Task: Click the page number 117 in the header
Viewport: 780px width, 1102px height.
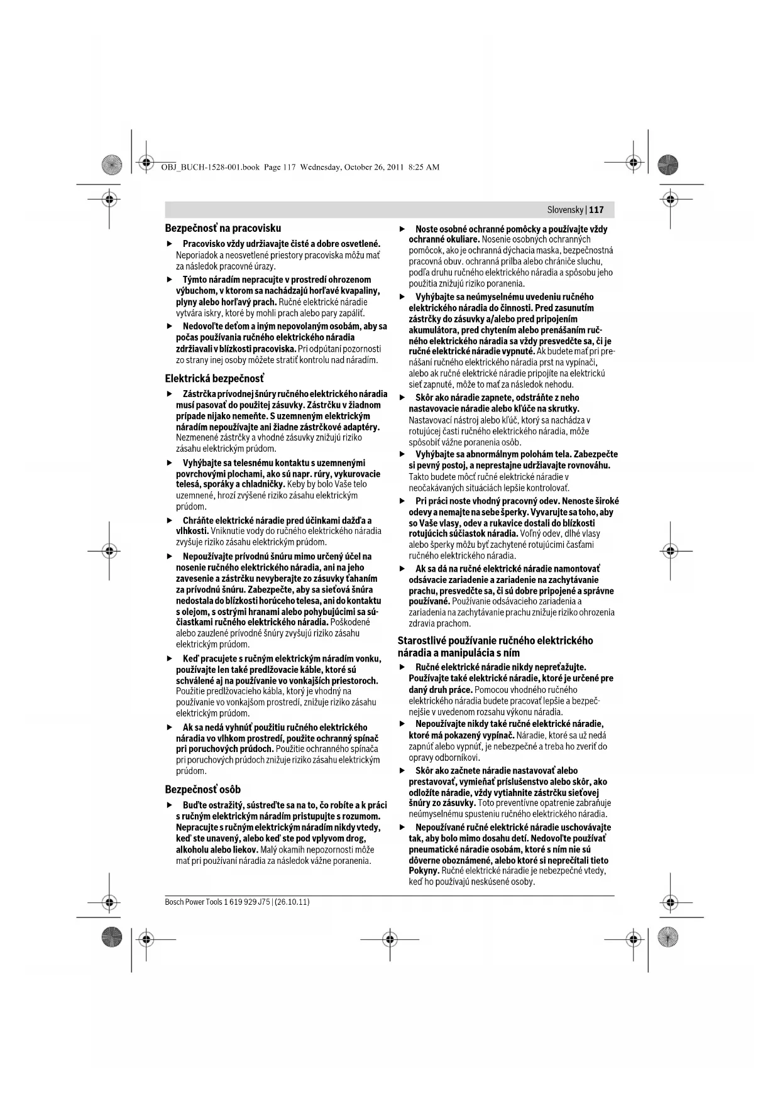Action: [596, 210]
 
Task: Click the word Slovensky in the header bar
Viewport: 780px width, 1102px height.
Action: [566, 210]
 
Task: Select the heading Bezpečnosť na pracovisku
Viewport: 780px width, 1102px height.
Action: [222, 228]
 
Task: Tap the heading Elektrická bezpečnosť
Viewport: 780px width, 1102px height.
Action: [214, 378]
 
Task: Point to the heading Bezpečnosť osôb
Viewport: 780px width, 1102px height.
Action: [202, 789]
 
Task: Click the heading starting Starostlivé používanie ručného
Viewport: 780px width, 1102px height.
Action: [495, 646]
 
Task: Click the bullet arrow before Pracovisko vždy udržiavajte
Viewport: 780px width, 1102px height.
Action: [169, 244]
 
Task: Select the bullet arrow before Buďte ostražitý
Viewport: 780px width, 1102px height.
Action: [169, 805]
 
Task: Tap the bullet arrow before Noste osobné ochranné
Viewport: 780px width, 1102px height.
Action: [402, 229]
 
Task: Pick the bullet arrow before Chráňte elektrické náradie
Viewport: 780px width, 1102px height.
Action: [169, 521]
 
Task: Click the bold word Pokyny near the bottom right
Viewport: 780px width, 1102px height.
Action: [424, 871]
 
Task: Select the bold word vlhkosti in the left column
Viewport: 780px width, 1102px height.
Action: [192, 531]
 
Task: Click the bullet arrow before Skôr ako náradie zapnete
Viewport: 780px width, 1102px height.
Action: [402, 398]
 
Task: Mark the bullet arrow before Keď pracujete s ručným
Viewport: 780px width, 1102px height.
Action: [169, 659]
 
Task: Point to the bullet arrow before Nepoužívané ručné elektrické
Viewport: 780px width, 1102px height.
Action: [402, 827]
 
